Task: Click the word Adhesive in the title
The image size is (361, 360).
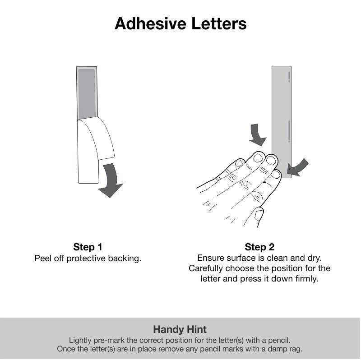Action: [150, 23]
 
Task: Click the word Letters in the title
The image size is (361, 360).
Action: [219, 23]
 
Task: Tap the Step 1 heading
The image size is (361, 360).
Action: [88, 247]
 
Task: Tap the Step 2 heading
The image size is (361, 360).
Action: [259, 247]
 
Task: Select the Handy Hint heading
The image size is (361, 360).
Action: [180, 329]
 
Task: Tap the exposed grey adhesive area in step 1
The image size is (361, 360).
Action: [87, 93]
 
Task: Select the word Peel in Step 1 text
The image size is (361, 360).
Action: [43, 258]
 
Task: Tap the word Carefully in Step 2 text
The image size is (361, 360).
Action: [206, 268]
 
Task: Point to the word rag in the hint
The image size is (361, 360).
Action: [296, 350]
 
